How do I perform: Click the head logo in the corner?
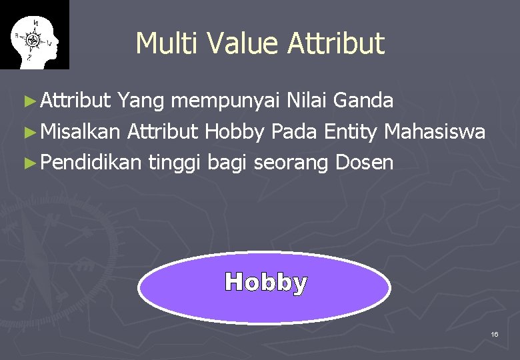coord(34,35)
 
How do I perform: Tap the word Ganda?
coord(363,101)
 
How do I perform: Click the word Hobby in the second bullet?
coord(235,132)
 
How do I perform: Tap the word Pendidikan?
coord(91,162)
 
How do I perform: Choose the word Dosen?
coord(365,162)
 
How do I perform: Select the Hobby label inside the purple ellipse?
coord(266,283)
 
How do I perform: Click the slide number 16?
coord(494,333)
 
